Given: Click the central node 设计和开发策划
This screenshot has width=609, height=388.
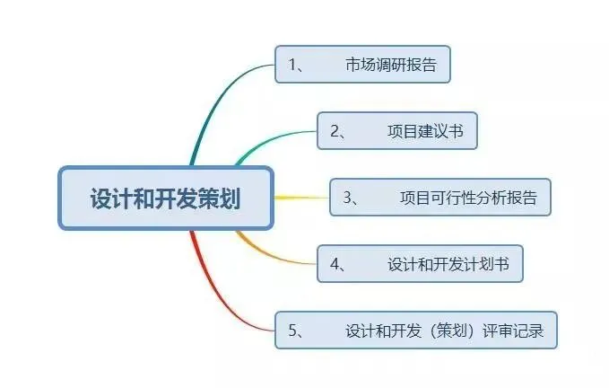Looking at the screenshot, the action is (x=165, y=198).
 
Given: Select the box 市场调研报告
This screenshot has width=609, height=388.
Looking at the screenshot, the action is (x=362, y=65).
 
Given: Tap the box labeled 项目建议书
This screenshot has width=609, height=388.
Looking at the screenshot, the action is (x=397, y=131).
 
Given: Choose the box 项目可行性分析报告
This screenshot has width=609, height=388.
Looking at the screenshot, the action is (x=439, y=198).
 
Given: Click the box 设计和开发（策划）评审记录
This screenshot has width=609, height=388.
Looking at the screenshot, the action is (x=415, y=330).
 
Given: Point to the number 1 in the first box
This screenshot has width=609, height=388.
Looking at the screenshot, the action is (x=292, y=65).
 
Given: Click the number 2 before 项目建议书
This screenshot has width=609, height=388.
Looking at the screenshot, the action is (x=335, y=131).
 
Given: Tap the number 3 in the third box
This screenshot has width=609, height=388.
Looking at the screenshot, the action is (x=347, y=198).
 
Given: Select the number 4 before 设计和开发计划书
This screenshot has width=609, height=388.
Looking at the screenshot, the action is (x=335, y=264).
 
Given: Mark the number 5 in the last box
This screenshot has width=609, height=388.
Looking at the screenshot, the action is (x=292, y=330).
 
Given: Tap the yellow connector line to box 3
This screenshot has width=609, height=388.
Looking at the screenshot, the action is (x=300, y=198).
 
